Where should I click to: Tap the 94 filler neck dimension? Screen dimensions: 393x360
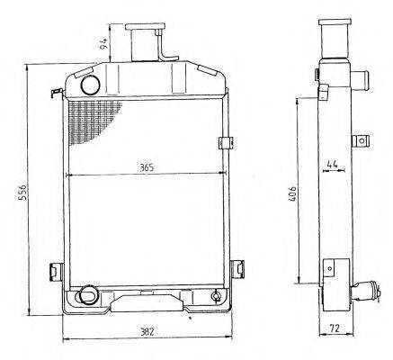[103, 44]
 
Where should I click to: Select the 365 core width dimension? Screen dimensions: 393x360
[147, 167]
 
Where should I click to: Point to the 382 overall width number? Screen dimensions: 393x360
[147, 332]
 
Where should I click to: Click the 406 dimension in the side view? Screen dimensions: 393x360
[293, 193]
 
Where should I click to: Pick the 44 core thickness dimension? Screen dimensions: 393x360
[333, 164]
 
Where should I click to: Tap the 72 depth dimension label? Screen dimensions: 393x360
[335, 328]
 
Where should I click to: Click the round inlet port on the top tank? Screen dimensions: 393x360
[90, 85]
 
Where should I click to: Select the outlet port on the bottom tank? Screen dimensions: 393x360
[86, 295]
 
